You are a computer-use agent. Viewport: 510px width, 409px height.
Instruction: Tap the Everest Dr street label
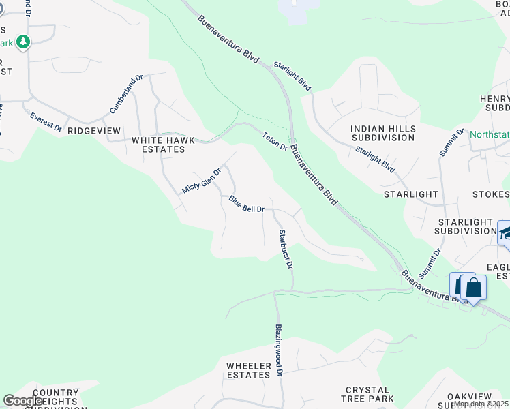tap(46, 122)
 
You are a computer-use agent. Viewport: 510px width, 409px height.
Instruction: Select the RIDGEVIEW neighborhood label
tap(94, 130)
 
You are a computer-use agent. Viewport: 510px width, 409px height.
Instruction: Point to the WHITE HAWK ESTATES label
tap(163, 145)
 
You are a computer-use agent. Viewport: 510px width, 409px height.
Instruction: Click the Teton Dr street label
tap(275, 142)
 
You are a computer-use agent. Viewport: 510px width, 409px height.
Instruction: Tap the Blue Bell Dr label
tap(246, 204)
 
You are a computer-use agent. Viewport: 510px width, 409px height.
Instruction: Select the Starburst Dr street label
tap(285, 249)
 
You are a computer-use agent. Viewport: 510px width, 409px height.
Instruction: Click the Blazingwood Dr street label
tap(278, 348)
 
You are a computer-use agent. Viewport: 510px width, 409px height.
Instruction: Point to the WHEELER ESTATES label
tap(249, 370)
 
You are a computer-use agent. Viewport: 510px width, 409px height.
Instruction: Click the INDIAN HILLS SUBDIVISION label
tap(382, 133)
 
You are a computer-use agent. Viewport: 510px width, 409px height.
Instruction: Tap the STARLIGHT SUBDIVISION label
tap(466, 227)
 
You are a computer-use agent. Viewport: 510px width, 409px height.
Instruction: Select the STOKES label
tap(490, 194)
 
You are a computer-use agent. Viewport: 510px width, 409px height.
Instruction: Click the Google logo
tap(22, 401)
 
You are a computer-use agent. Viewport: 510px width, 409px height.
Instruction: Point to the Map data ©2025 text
tap(481, 404)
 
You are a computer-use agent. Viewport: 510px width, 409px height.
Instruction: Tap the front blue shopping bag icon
tap(473, 288)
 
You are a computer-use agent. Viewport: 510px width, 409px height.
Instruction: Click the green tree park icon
tap(24, 42)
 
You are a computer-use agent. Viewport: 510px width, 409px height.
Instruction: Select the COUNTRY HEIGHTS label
tap(46, 397)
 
